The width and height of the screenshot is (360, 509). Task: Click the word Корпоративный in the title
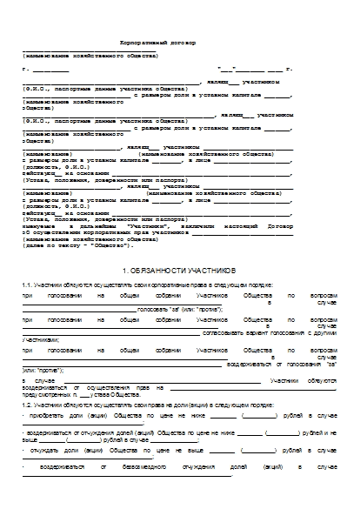143,42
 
